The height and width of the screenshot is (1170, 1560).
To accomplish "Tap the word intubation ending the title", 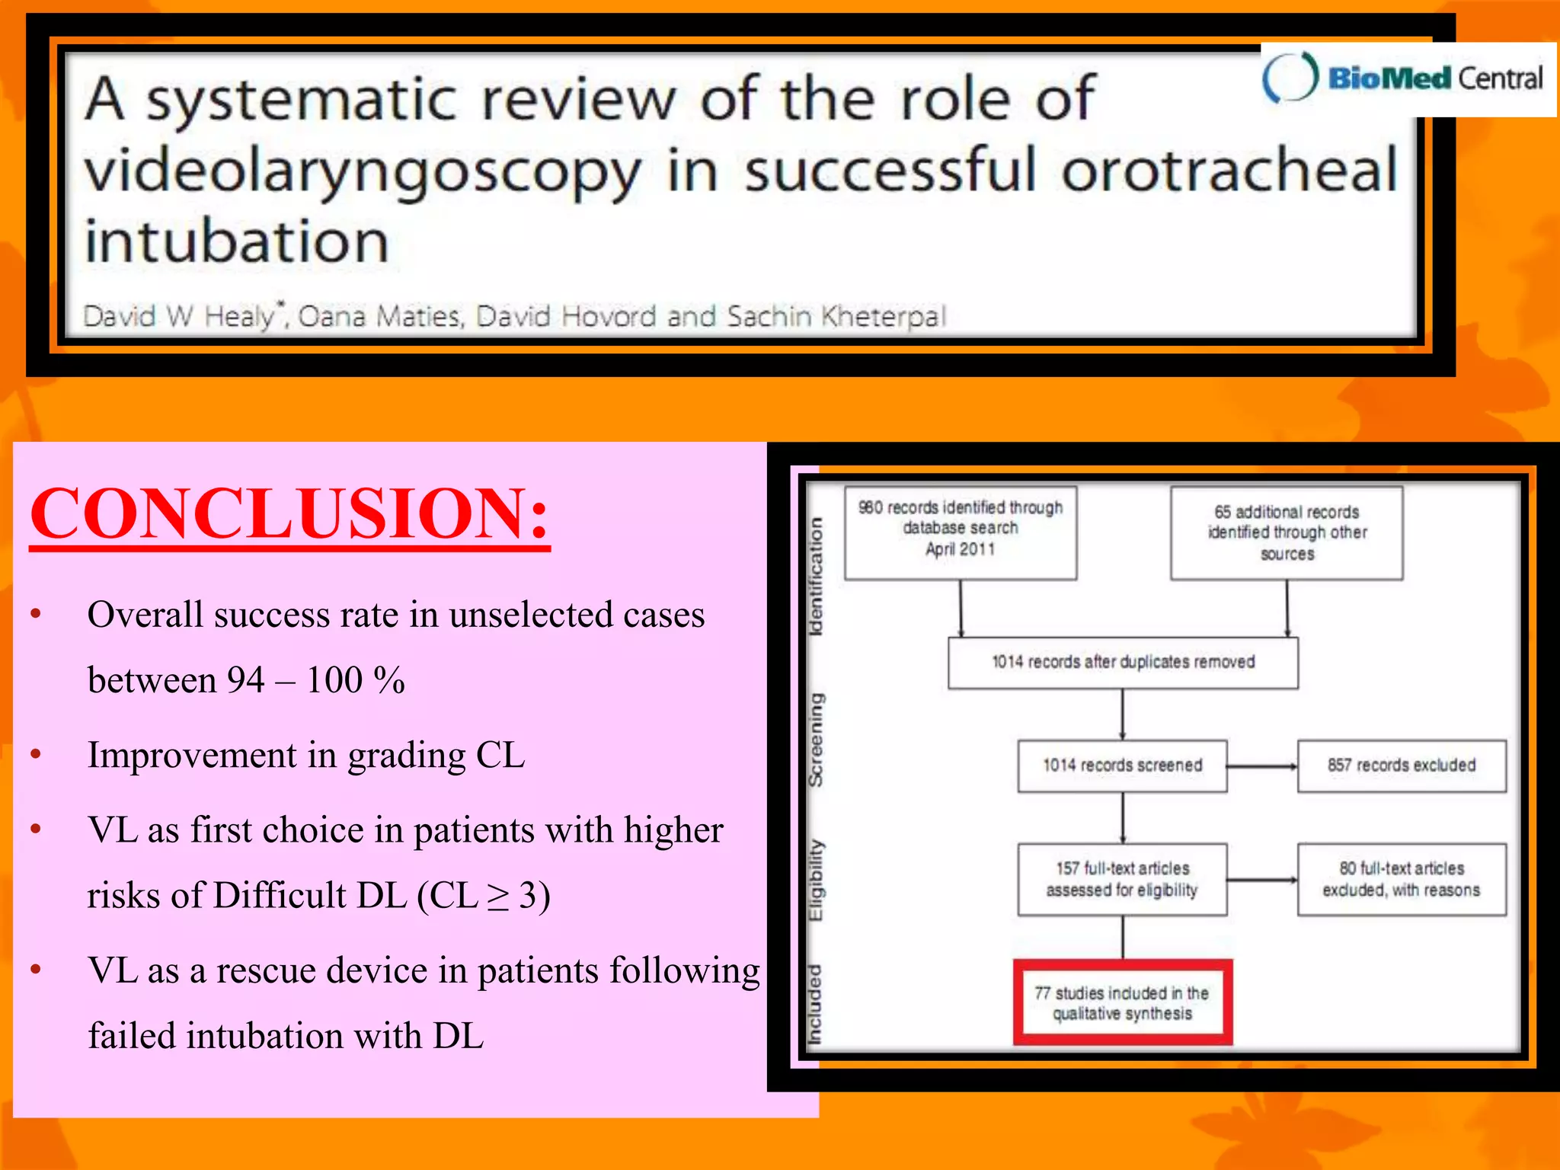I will [x=237, y=242].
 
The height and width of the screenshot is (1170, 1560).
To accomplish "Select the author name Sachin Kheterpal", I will [x=836, y=316].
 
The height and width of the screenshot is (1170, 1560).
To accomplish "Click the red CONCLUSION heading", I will [x=289, y=513].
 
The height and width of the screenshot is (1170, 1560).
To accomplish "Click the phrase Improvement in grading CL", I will [x=306, y=756].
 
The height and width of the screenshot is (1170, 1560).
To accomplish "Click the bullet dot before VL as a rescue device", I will [x=36, y=970].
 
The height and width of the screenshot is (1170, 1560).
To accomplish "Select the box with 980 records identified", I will [x=960, y=532].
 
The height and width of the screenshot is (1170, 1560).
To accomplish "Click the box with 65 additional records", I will [x=1287, y=532].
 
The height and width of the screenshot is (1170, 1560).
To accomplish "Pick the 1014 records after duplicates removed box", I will [x=1123, y=663].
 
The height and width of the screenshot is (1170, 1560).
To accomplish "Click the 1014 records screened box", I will [x=1122, y=766].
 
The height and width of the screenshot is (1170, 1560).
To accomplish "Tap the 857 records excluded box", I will [x=1402, y=766].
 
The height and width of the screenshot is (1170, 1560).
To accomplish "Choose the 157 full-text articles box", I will [x=1122, y=879].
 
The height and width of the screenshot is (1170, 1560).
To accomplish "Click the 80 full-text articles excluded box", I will [x=1402, y=879].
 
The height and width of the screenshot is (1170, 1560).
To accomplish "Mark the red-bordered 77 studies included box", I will [x=1122, y=1002].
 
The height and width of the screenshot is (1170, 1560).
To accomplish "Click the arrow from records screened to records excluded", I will [x=1262, y=766].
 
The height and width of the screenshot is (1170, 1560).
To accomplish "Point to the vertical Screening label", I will [x=816, y=740].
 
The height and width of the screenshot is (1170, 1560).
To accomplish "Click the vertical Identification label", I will [x=816, y=576].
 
